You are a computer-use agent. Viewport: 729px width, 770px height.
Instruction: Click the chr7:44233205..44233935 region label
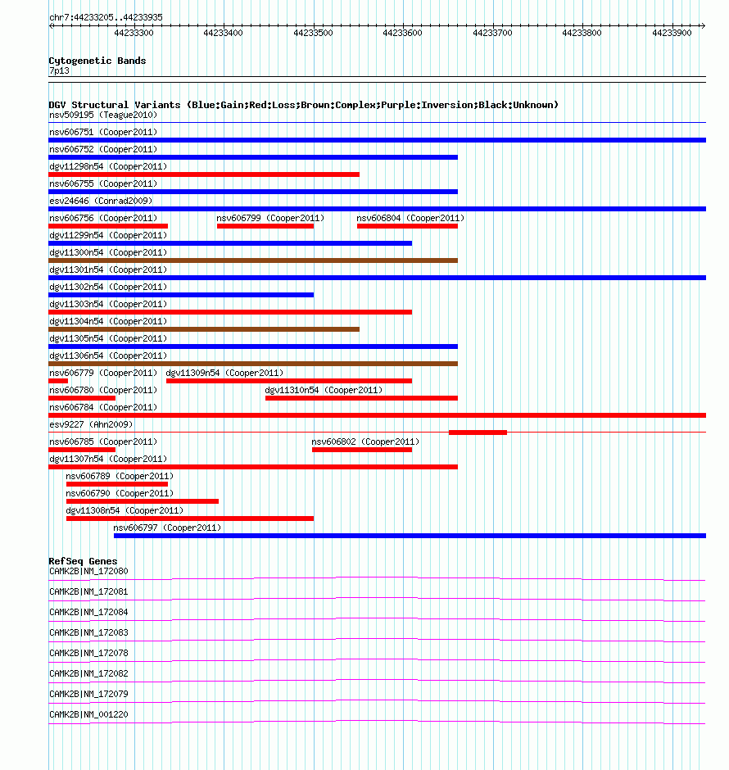pos(105,16)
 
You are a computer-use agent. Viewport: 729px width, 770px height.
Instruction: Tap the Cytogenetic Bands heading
pos(97,61)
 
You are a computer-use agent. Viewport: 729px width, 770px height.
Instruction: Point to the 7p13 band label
pos(59,71)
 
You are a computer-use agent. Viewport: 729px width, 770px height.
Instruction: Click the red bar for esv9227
pos(478,433)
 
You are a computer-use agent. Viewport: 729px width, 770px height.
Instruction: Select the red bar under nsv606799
pos(265,226)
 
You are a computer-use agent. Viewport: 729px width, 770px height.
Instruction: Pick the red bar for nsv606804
pos(407,226)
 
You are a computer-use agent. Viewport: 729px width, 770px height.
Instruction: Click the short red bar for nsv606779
pos(58,381)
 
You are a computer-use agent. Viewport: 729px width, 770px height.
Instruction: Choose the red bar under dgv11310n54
pos(361,398)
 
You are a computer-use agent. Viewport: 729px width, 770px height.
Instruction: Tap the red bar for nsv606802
pos(362,450)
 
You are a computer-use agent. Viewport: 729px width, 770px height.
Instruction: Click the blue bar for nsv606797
pos(410,536)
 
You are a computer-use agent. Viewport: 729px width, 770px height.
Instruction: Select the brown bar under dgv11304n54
pos(204,329)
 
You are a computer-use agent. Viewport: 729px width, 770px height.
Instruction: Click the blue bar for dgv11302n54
pos(181,295)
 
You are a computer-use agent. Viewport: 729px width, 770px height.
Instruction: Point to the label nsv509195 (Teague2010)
pos(102,115)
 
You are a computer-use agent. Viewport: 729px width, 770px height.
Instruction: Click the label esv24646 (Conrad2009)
pos(101,201)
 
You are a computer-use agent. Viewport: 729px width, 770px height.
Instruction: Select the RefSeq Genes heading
pos(83,561)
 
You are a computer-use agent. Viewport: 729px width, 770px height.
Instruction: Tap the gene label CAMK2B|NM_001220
pos(88,714)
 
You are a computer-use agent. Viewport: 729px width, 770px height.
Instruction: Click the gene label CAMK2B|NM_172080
pos(88,571)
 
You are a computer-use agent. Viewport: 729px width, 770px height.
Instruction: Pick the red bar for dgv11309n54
pos(289,381)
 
